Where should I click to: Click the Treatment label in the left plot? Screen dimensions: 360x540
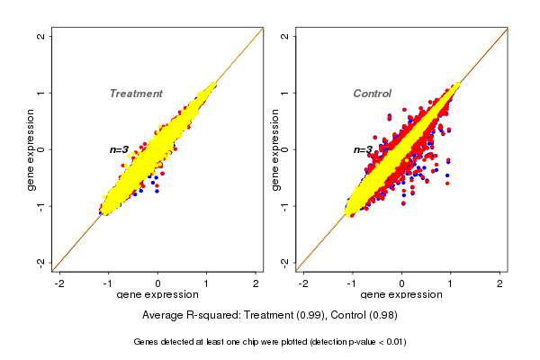point(136,94)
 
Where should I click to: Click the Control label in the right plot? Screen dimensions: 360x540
point(372,94)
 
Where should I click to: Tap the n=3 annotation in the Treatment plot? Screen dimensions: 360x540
point(120,149)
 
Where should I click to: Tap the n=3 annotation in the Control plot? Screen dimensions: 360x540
point(363,149)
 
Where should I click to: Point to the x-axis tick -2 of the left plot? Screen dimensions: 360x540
point(59,283)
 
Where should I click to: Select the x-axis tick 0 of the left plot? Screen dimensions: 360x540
point(157,283)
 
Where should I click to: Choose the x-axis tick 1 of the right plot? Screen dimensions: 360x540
point(451,283)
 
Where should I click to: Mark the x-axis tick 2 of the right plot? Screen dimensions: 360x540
point(500,283)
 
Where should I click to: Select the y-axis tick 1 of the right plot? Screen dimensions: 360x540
point(285,93)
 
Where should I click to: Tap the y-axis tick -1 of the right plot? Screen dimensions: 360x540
point(285,205)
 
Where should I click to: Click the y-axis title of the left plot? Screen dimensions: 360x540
point(31,149)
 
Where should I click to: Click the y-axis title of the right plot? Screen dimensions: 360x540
point(274,149)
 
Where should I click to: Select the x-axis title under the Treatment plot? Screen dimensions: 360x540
point(157,295)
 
